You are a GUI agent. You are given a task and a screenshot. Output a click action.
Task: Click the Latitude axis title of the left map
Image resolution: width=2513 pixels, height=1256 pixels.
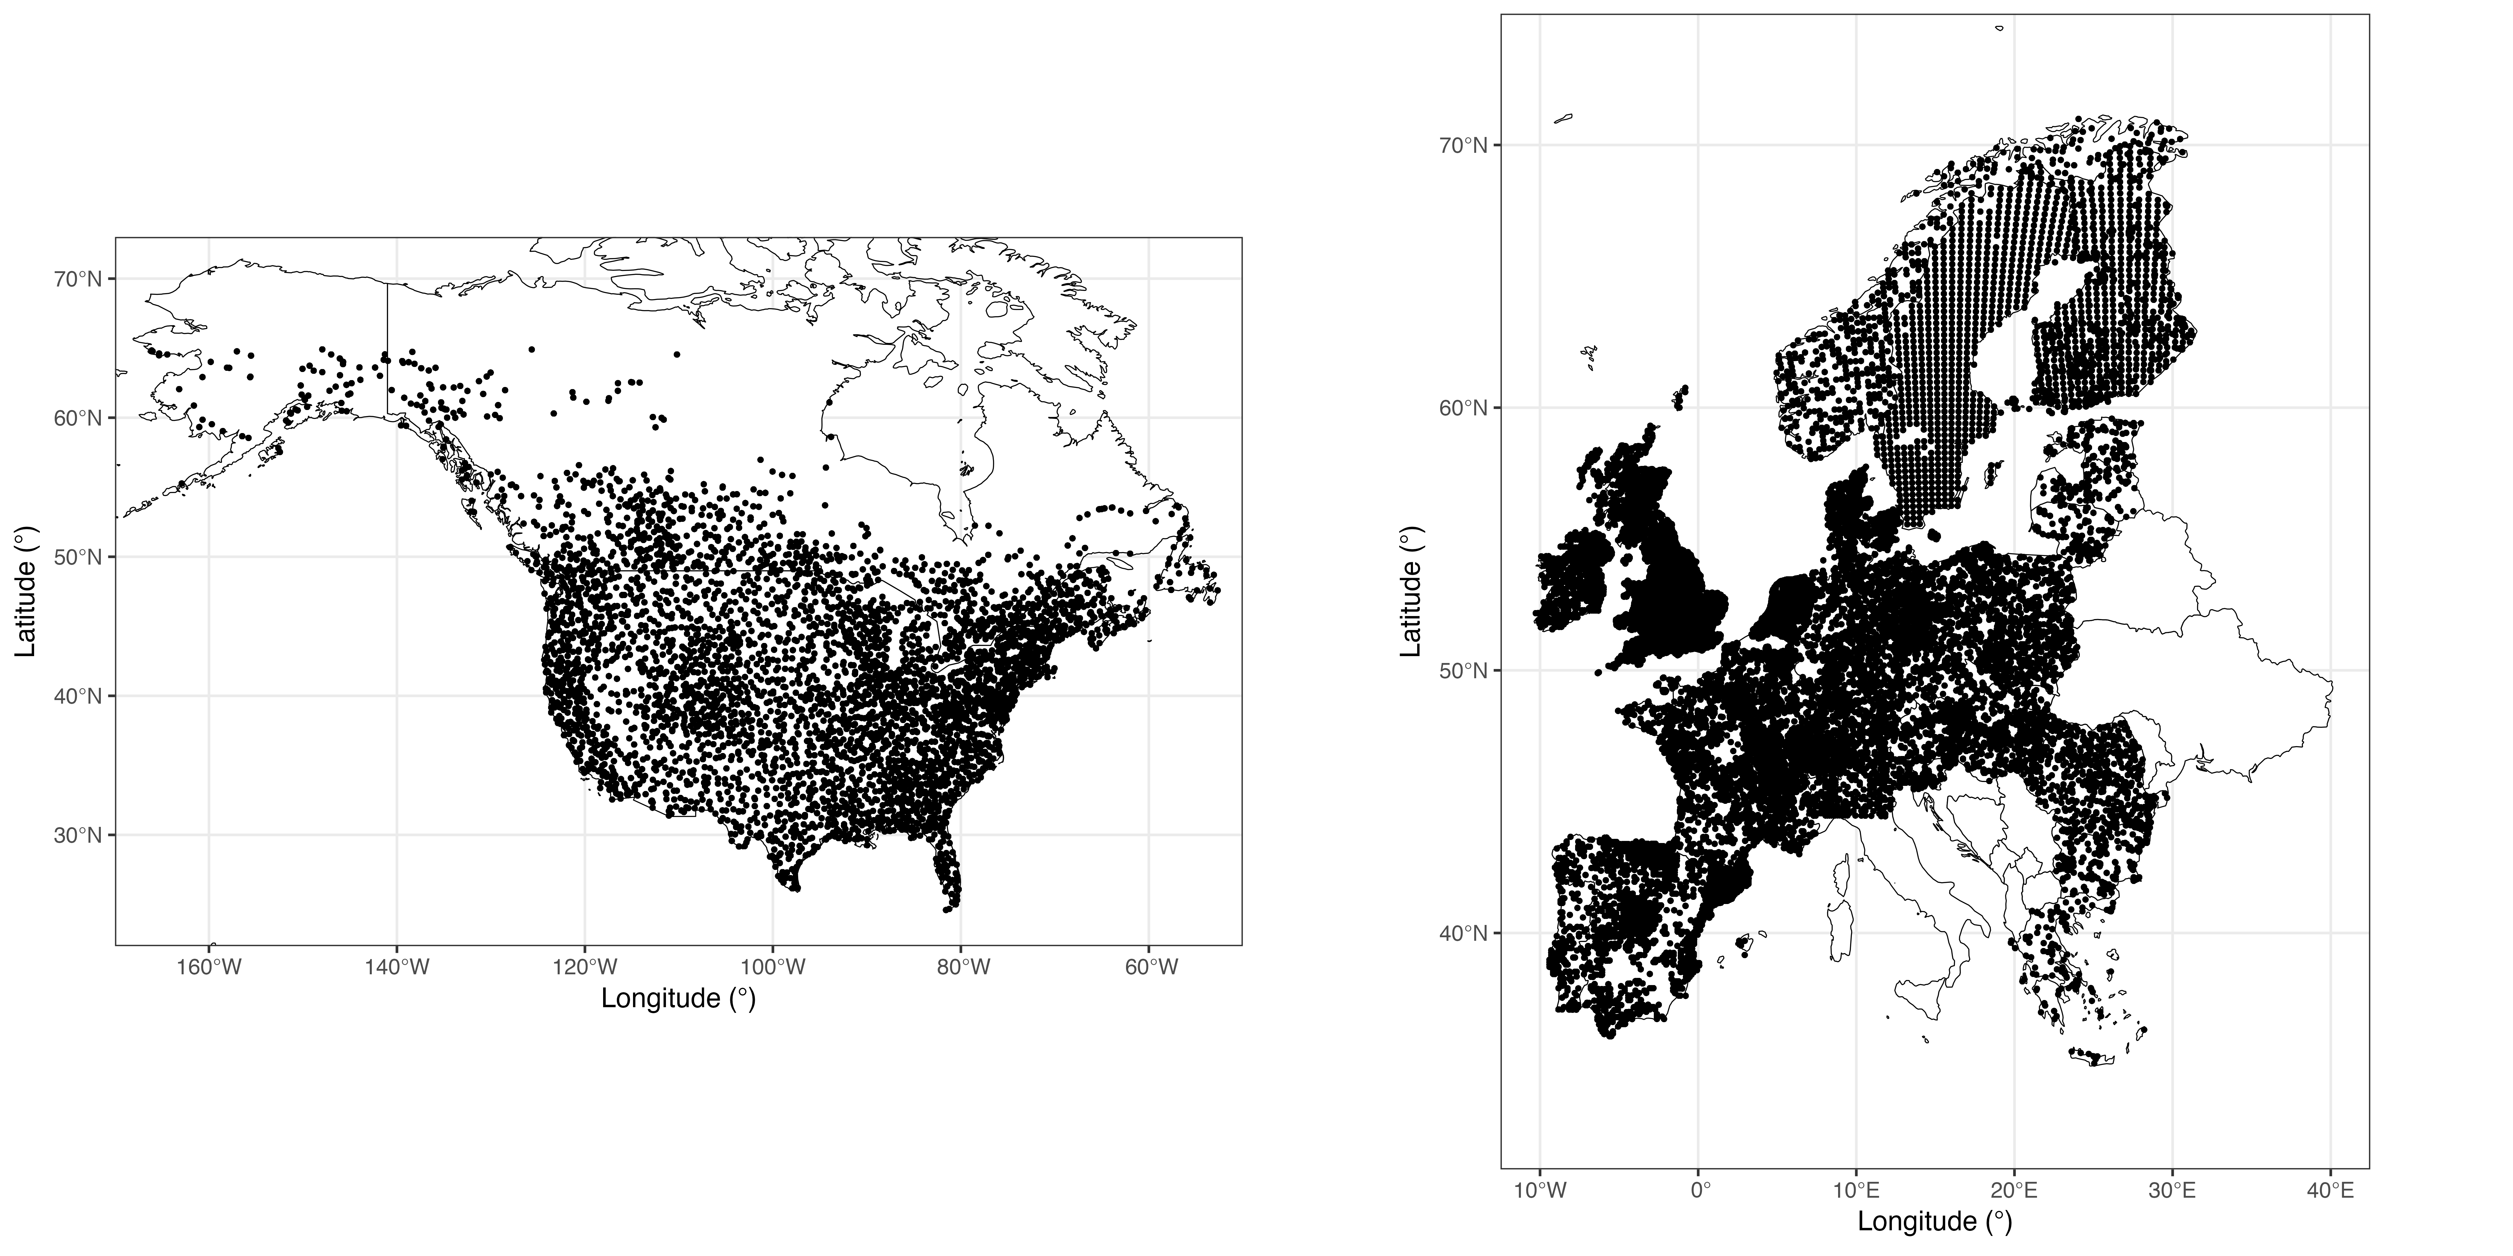click(26, 592)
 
